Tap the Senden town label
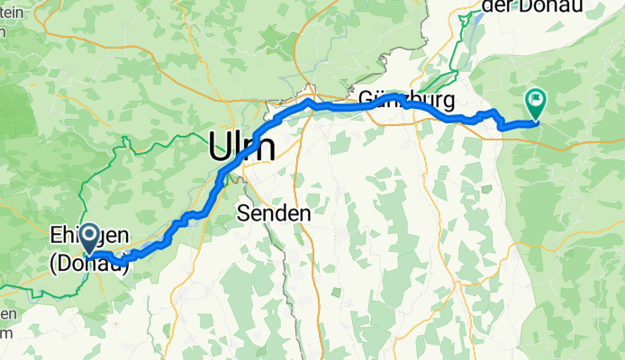click(x=273, y=213)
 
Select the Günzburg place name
click(x=404, y=97)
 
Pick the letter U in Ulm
click(x=219, y=147)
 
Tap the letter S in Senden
click(x=243, y=213)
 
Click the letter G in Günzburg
click(x=367, y=97)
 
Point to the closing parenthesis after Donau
click(x=126, y=262)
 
